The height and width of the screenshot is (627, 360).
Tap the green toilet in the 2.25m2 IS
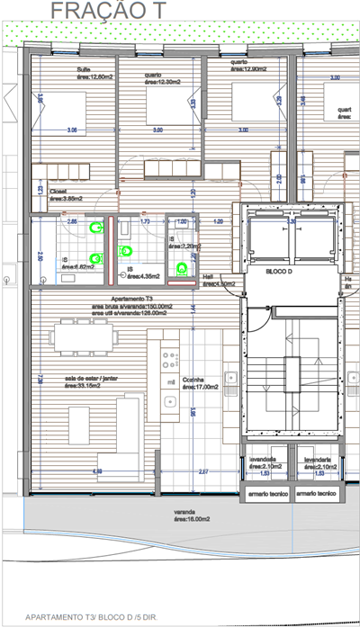pyautogui.click(x=185, y=266)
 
